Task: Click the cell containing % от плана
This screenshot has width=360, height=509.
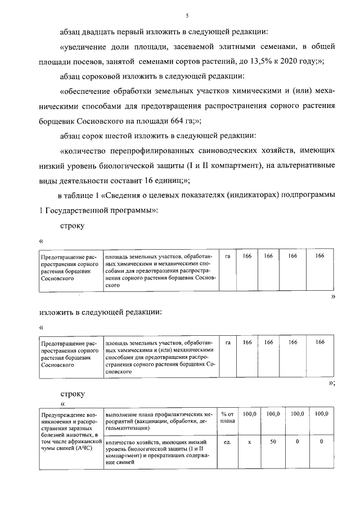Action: click(227, 418)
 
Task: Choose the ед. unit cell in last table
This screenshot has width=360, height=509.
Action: click(227, 442)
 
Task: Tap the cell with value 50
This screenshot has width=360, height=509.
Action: click(272, 442)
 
